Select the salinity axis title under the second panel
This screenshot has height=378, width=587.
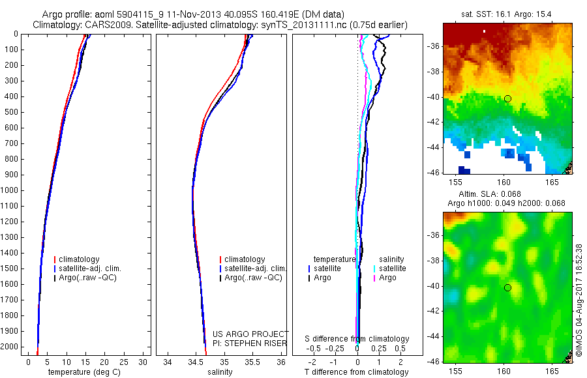pyautogui.click(x=220, y=372)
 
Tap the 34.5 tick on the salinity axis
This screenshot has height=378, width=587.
pyautogui.click(x=196, y=361)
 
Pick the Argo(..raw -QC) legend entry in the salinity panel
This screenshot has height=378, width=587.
pyautogui.click(x=252, y=278)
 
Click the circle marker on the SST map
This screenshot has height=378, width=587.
pyautogui.click(x=507, y=98)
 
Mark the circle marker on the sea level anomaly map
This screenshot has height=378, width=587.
pyautogui.click(x=507, y=287)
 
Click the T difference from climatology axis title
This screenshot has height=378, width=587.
pyautogui.click(x=357, y=372)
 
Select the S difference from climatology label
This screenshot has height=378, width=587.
pyautogui.click(x=357, y=339)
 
